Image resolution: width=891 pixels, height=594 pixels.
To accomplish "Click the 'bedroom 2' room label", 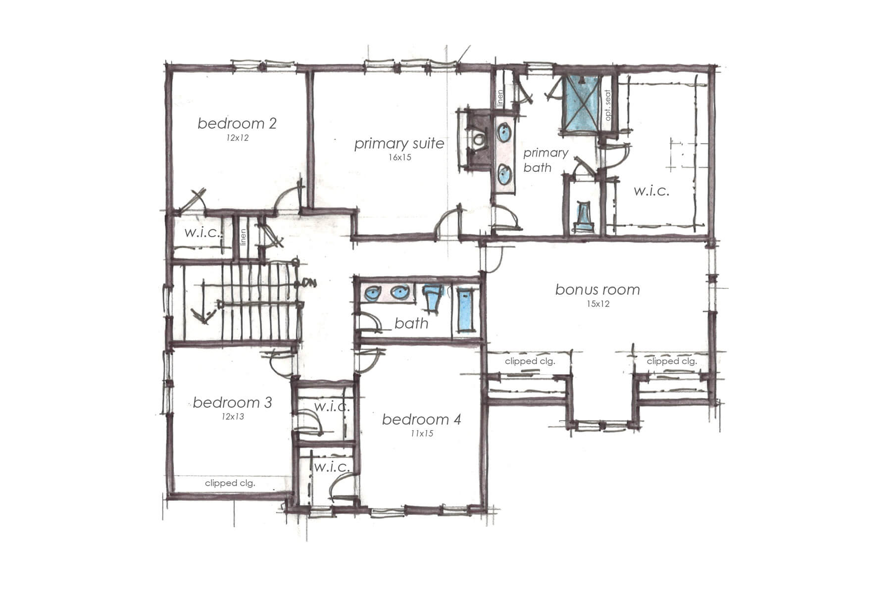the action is [237, 123].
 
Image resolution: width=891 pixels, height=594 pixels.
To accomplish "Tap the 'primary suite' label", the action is [399, 144].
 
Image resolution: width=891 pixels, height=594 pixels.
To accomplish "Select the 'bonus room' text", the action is [597, 290].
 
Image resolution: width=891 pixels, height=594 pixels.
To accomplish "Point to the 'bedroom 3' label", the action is [232, 402].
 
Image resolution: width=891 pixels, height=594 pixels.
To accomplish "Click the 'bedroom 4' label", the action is [422, 420].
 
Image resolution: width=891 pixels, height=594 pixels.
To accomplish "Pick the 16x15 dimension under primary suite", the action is [400, 158].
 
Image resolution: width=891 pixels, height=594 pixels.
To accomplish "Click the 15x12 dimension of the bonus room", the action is [598, 304].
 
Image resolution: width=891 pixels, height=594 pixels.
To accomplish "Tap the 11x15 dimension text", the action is [422, 434].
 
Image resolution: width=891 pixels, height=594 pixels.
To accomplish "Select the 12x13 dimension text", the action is [233, 417].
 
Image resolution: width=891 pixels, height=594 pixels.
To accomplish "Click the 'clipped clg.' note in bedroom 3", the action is [230, 483].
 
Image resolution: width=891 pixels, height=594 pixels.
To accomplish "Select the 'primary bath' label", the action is [544, 160].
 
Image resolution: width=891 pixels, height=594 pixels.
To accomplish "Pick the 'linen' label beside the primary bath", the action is [500, 98].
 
